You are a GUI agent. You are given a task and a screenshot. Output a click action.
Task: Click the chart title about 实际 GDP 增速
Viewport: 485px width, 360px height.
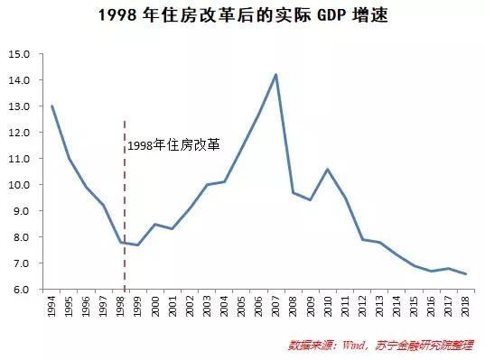242,15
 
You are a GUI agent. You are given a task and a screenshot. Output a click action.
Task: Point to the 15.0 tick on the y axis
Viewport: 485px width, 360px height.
20,54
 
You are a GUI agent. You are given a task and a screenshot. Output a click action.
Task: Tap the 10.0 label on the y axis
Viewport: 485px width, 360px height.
20,185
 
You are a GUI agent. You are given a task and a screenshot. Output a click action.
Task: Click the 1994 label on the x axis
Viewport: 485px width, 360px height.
52,307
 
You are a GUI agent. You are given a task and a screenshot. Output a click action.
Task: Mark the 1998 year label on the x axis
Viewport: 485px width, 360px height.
122,307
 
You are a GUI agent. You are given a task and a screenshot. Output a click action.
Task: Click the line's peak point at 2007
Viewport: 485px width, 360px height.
275,74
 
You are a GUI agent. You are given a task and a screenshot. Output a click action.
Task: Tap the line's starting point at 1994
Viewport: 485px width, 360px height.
51,106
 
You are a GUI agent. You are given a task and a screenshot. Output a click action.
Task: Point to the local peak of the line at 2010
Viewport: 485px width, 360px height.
327,170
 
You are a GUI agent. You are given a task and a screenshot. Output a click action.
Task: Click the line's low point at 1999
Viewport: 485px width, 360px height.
137,245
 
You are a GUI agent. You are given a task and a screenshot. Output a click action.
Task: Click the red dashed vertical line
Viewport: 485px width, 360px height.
125,208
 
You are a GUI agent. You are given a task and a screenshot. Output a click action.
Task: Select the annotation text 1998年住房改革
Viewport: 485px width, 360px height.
173,145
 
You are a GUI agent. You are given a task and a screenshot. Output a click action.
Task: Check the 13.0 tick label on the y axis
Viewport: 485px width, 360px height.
20,106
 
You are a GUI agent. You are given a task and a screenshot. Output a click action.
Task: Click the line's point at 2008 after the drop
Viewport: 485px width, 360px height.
293,192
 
